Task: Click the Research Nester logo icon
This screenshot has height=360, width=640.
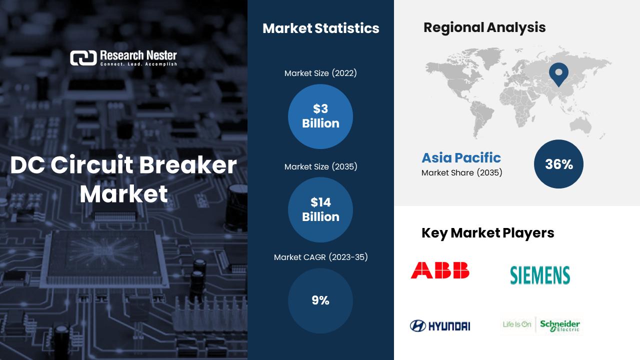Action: pyautogui.click(x=83, y=58)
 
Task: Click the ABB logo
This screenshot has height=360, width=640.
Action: pyautogui.click(x=440, y=270)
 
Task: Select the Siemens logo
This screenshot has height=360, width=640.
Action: pyautogui.click(x=540, y=275)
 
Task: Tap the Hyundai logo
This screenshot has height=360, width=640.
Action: pyautogui.click(x=440, y=325)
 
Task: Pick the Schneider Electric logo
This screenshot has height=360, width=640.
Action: pyautogui.click(x=541, y=325)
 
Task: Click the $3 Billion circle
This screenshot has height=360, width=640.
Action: pyautogui.click(x=320, y=116)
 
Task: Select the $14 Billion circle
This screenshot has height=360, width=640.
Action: pyautogui.click(x=320, y=209)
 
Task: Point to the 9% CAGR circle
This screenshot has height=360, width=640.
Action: pyautogui.click(x=320, y=300)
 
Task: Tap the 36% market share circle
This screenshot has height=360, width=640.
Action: pyautogui.click(x=558, y=164)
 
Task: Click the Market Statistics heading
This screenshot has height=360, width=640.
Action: pyautogui.click(x=321, y=28)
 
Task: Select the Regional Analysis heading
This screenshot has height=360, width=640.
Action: pyautogui.click(x=484, y=27)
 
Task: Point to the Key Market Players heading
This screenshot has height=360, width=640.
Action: pyautogui.click(x=487, y=233)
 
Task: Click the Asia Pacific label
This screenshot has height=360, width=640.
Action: pyautogui.click(x=461, y=157)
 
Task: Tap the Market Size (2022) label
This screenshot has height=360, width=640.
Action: pyautogui.click(x=320, y=73)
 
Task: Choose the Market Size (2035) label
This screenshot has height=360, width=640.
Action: pyautogui.click(x=320, y=166)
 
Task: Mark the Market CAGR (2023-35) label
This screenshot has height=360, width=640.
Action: pyautogui.click(x=320, y=257)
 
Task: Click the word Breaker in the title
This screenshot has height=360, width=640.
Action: pyautogui.click(x=188, y=165)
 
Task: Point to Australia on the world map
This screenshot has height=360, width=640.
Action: pyautogui.click(x=580, y=125)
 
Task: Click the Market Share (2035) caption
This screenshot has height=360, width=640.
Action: pyautogui.click(x=461, y=172)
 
